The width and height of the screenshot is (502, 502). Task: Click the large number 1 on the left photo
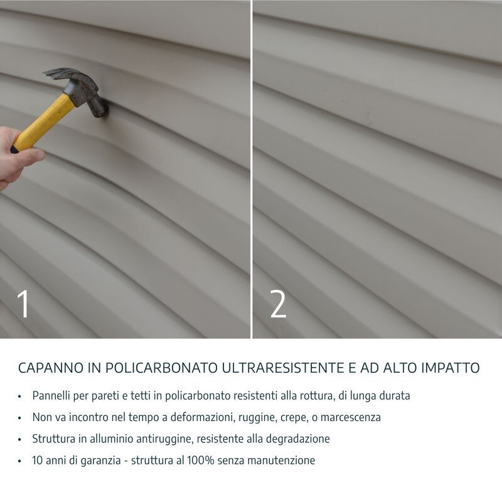tap(23, 304)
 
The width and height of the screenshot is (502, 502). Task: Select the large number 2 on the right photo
tap(278, 304)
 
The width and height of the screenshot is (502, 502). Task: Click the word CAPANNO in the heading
tap(48, 368)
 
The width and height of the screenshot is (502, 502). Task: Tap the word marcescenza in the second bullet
tap(351, 417)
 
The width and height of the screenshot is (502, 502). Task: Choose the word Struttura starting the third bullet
tap(55, 439)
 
